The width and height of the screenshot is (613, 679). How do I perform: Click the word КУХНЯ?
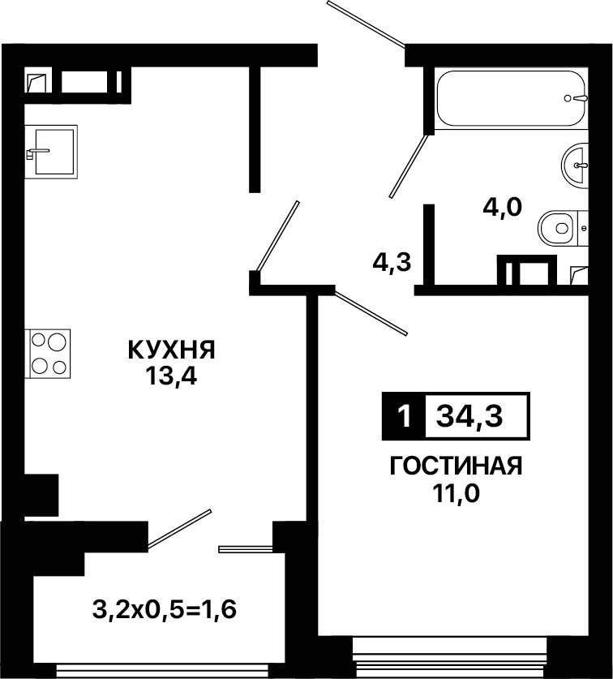(x=171, y=350)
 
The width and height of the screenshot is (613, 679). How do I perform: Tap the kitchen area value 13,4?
(x=171, y=376)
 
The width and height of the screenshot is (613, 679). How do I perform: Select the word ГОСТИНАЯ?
(x=457, y=466)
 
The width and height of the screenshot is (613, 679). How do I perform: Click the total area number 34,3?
(x=469, y=416)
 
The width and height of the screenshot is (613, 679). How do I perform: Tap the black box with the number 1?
(x=404, y=416)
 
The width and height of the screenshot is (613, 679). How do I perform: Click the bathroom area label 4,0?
(x=503, y=208)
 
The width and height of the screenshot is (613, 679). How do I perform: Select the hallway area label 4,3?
(x=392, y=262)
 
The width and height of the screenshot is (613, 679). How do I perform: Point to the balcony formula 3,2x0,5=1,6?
(x=165, y=610)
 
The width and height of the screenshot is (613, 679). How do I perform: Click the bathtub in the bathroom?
(x=512, y=98)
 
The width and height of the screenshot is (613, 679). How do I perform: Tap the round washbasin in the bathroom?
(x=575, y=165)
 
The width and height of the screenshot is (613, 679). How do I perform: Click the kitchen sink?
(x=51, y=152)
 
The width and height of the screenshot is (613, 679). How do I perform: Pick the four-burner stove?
(x=48, y=354)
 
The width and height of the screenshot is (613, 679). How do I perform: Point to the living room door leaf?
(x=371, y=313)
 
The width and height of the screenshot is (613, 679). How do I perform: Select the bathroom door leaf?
(x=409, y=166)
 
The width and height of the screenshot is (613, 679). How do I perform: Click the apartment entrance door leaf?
(x=366, y=24)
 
